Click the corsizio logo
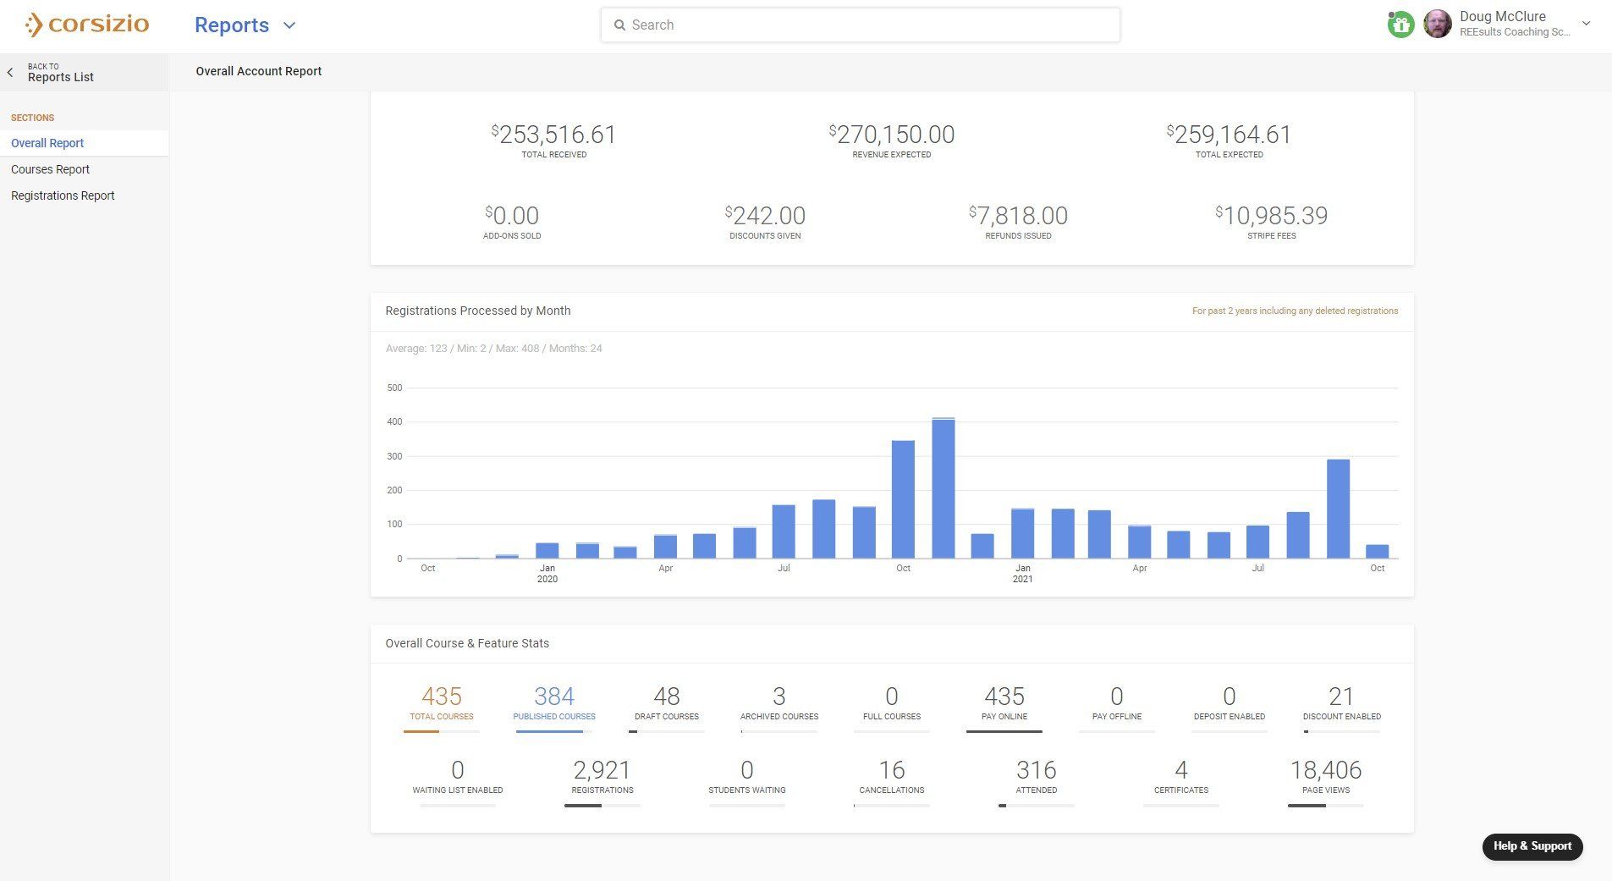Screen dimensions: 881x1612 click(x=87, y=25)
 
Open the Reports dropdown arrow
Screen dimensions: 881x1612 click(x=289, y=25)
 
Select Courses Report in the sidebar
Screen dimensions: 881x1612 click(x=51, y=169)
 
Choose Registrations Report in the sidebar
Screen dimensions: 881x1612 click(x=63, y=195)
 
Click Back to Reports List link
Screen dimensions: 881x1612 click(x=59, y=73)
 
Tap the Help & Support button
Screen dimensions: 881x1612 click(x=1532, y=846)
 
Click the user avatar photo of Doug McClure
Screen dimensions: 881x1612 click(x=1437, y=24)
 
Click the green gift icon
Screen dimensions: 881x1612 click(x=1400, y=25)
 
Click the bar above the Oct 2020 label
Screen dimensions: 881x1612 click(x=903, y=499)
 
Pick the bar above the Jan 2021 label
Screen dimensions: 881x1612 click(x=1022, y=533)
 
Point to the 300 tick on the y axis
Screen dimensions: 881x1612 click(x=394, y=456)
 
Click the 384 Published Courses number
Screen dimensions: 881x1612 click(x=554, y=697)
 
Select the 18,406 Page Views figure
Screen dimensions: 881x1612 click(x=1325, y=770)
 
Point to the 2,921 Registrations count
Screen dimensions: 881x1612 click(x=602, y=770)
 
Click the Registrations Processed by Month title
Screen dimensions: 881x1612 click(x=478, y=311)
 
